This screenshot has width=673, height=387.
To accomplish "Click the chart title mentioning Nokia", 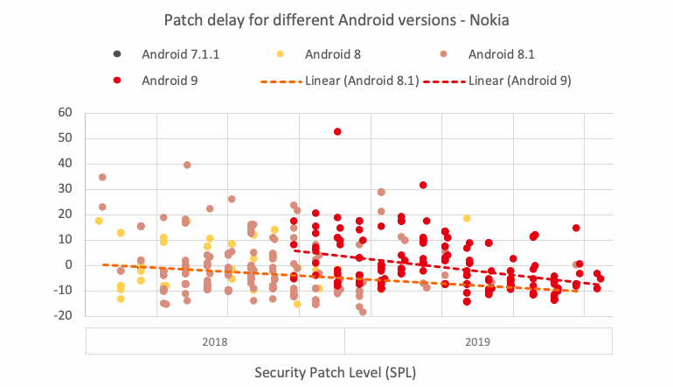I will [x=336, y=18].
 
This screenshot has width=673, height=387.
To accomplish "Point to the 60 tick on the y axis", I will [x=63, y=112].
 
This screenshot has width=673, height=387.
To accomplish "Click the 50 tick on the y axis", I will [x=63, y=138].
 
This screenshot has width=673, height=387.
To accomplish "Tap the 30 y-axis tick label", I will [x=63, y=189].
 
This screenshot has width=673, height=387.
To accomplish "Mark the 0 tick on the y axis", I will [x=67, y=265].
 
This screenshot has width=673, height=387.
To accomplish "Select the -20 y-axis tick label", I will [x=60, y=316].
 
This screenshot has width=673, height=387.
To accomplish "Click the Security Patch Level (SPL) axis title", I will [x=336, y=372].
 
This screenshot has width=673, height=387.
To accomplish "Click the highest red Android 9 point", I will [x=337, y=131].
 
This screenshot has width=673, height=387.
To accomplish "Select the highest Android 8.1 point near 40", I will [x=187, y=165].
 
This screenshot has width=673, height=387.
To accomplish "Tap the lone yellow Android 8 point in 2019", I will [x=467, y=218].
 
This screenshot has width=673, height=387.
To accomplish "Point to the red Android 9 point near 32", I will [x=423, y=185].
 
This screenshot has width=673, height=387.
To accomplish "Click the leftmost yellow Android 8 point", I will [x=99, y=221].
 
